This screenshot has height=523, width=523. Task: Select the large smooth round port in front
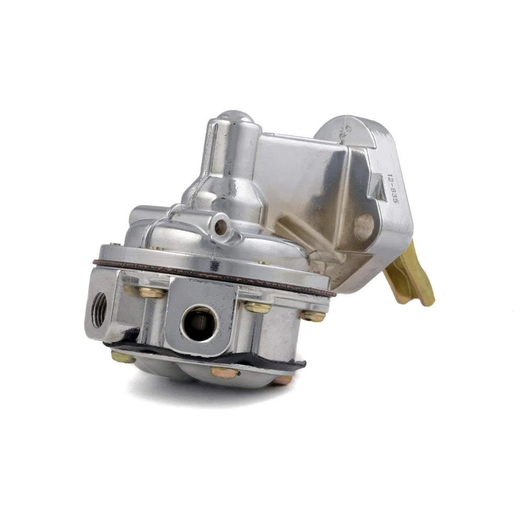(199, 323)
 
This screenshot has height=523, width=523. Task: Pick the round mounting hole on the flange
(364, 226)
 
